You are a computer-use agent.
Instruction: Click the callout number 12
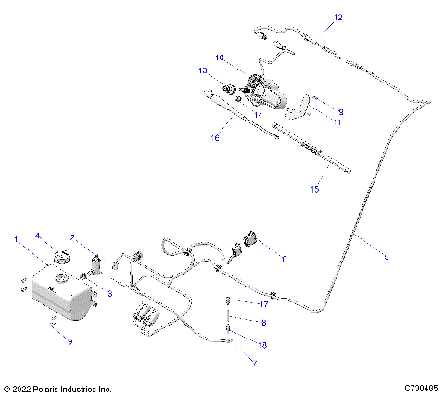coord(337,18)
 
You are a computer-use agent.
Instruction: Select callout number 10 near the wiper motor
coord(221,57)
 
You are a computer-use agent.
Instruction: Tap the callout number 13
coord(201,71)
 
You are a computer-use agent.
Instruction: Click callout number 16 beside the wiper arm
coord(214,137)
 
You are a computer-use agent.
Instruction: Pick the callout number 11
coord(337,122)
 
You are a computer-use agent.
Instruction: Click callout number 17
coord(263,303)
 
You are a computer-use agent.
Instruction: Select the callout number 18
coord(263,344)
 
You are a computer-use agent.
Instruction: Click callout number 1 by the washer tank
coord(15,241)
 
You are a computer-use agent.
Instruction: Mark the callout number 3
coord(109,293)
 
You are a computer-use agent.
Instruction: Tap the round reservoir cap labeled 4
coord(61,257)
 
